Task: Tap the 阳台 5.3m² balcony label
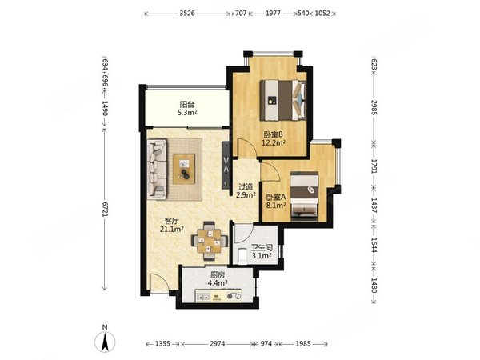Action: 187,108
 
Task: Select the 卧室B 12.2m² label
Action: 274,138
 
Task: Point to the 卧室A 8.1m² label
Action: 276,201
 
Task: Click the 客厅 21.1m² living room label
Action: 172,225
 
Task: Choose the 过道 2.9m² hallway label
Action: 246,190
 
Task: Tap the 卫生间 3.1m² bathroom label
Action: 262,251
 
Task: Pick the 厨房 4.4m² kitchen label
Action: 218,278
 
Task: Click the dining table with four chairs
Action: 210,241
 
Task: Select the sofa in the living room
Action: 158,169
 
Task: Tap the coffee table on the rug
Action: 184,169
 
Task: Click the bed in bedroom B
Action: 283,100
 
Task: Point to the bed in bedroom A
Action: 305,196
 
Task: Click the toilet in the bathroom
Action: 242,256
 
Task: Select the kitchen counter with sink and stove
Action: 218,296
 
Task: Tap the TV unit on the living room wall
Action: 226,164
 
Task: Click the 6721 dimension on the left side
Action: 105,210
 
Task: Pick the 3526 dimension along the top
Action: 187,13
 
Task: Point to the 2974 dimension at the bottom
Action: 218,344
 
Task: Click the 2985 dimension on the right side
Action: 374,107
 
